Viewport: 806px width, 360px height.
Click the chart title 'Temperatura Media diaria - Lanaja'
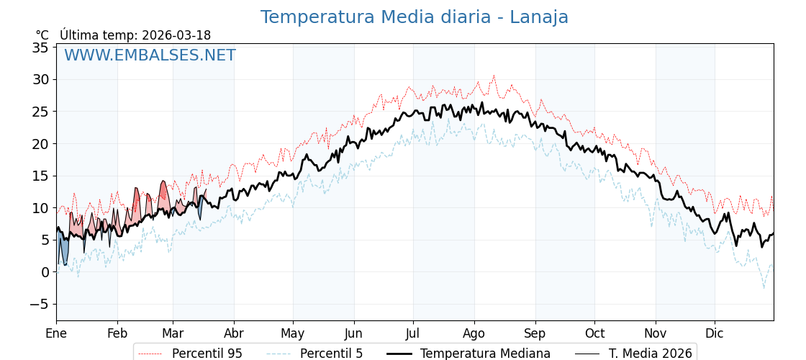pyautogui.click(x=414, y=17)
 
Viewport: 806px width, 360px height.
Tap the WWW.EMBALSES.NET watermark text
pyautogui.click(x=150, y=55)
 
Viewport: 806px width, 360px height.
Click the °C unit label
pyautogui.click(x=42, y=35)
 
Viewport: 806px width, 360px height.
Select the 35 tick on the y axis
pyautogui.click(x=40, y=48)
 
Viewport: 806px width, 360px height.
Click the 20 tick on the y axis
pyautogui.click(x=40, y=144)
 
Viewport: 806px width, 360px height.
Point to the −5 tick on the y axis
pyautogui.click(x=38, y=305)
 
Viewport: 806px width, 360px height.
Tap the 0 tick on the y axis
pyautogui.click(x=45, y=272)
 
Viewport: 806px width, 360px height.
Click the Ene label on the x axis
pyautogui.click(x=56, y=333)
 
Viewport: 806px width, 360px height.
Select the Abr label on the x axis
pyautogui.click(x=234, y=333)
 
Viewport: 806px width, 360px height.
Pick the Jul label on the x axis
pyautogui.click(x=413, y=333)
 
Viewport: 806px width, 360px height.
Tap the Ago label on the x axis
pyautogui.click(x=474, y=333)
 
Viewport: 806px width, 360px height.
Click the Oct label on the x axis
pyautogui.click(x=594, y=333)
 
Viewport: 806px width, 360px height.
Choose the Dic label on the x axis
pyautogui.click(x=715, y=333)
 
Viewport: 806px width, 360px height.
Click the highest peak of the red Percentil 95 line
pyautogui.click(x=494, y=76)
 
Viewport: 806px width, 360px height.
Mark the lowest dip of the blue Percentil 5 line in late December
pyautogui.click(x=764, y=288)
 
